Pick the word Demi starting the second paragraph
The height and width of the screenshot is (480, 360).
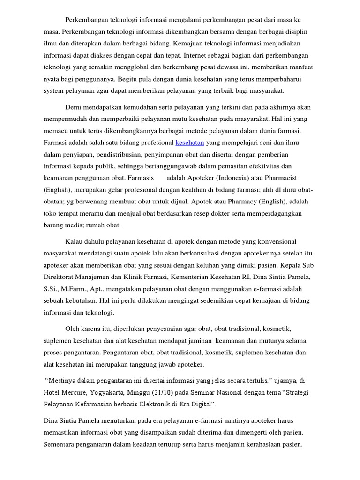pos(74,107)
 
